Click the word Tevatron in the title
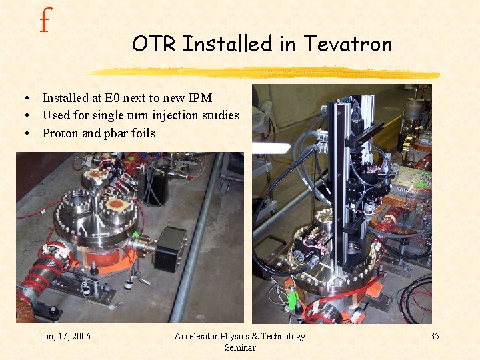(347, 44)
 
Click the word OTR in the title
(155, 44)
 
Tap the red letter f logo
(45, 21)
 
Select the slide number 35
(434, 336)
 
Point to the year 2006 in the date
(79, 336)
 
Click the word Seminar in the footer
(239, 347)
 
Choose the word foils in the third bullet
(142, 133)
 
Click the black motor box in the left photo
(171, 248)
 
